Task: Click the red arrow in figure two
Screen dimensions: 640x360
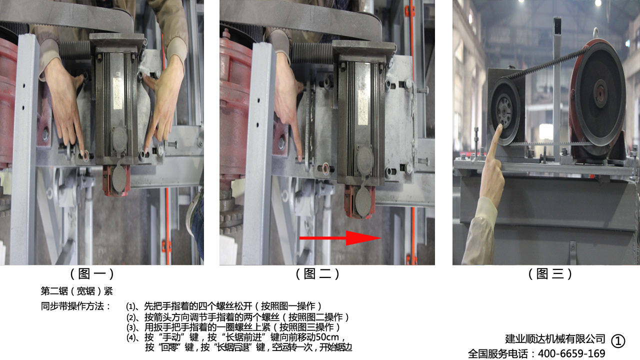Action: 340,237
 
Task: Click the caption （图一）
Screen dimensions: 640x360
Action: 92,273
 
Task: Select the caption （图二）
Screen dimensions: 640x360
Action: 317,273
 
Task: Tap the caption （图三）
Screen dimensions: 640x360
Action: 550,273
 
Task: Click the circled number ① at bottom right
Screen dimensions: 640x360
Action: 618,341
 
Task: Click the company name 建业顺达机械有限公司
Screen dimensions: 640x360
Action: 555,339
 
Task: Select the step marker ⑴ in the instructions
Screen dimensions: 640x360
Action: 130,306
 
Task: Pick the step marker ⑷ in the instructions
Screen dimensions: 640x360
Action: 130,337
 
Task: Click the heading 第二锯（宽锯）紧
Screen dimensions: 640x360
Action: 76,291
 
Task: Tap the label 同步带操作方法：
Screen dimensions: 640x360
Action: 75,306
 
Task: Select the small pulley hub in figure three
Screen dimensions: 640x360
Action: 504,110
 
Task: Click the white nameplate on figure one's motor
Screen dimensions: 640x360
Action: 117,93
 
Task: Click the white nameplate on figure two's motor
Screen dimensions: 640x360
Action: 363,107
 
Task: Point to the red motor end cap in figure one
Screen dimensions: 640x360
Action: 116,180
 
